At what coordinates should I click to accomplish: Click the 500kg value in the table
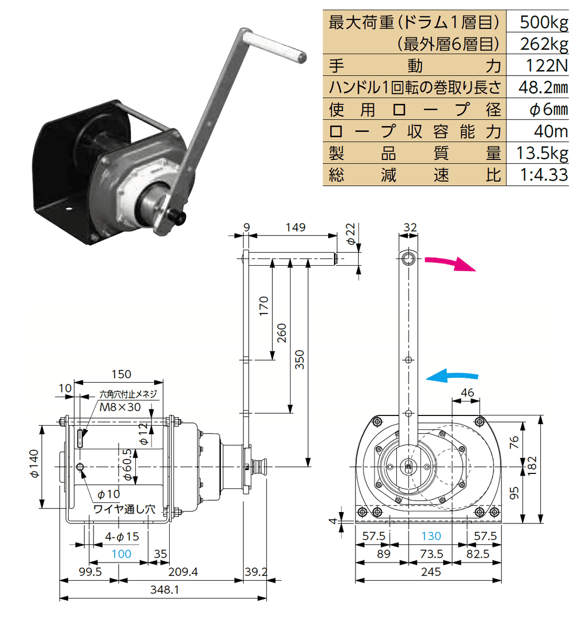tap(543, 22)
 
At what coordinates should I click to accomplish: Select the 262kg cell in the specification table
tap(543, 43)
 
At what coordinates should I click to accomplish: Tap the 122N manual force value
tap(546, 65)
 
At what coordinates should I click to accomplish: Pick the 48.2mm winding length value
tap(542, 87)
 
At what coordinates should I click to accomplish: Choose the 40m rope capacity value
tap(550, 131)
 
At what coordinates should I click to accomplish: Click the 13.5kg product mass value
tap(542, 153)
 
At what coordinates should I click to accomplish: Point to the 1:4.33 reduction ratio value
tap(543, 174)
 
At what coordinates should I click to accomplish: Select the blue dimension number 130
tap(431, 536)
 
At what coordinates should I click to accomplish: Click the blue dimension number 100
tap(121, 554)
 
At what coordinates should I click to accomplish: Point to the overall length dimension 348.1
tap(165, 590)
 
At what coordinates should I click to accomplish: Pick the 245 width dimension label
tap(431, 572)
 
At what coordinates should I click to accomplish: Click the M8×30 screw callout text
tap(120, 407)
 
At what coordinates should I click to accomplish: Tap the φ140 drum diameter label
tap(34, 464)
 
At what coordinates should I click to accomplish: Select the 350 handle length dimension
tap(300, 360)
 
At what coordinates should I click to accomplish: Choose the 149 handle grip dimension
tap(295, 227)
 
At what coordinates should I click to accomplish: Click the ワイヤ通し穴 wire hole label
tap(124, 509)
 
